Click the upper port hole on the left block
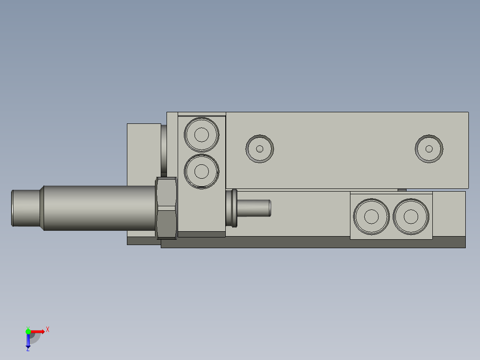202,134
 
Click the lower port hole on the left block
202,171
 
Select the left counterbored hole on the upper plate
260,149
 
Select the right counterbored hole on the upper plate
429,149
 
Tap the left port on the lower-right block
371,217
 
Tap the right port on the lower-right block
411,217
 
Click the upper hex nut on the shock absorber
166,192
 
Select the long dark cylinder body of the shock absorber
98,208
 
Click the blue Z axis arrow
28,341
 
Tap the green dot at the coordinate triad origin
28,331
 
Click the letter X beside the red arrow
48,330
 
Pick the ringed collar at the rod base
232,208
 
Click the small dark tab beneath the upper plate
402,190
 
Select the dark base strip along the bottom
312,242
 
